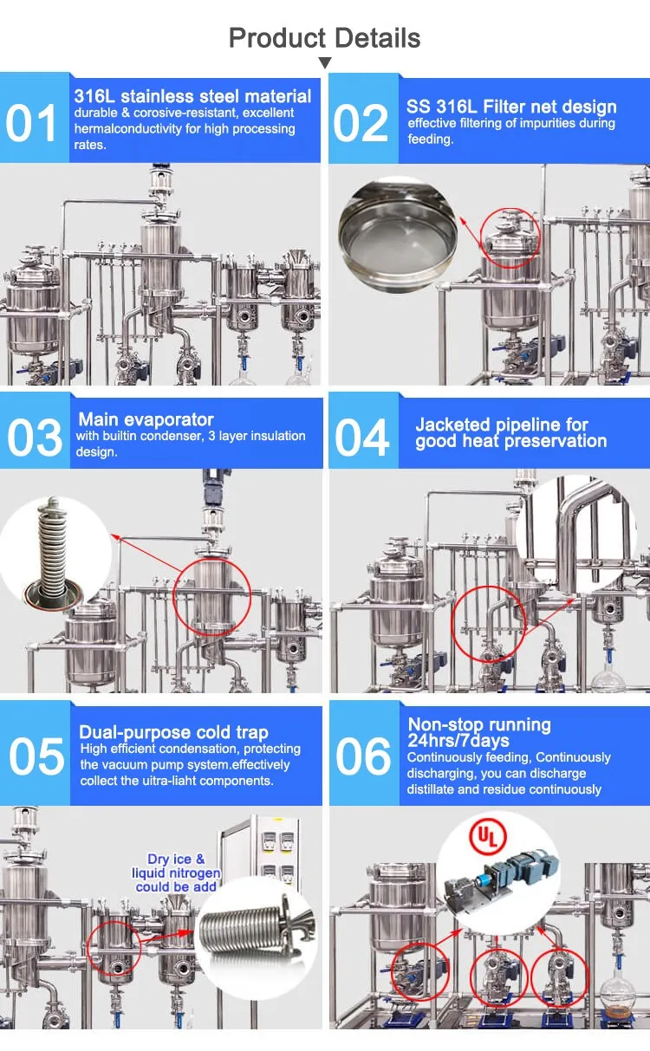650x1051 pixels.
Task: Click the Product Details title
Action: pos(325,38)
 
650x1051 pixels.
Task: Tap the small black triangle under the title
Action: pos(325,62)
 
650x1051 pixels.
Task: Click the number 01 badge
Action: pos(33,122)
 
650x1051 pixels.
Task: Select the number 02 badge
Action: pos(361,122)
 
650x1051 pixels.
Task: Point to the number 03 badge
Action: pos(35,438)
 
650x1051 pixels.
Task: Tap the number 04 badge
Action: pos(362,438)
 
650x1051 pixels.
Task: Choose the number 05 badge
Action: pos(36,757)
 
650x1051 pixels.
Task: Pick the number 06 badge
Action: pos(363,757)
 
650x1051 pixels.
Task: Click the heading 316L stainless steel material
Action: pos(192,95)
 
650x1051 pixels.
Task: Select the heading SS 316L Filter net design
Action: pos(511,107)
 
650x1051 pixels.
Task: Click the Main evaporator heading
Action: pos(146,420)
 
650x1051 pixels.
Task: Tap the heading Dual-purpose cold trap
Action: pos(173,732)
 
